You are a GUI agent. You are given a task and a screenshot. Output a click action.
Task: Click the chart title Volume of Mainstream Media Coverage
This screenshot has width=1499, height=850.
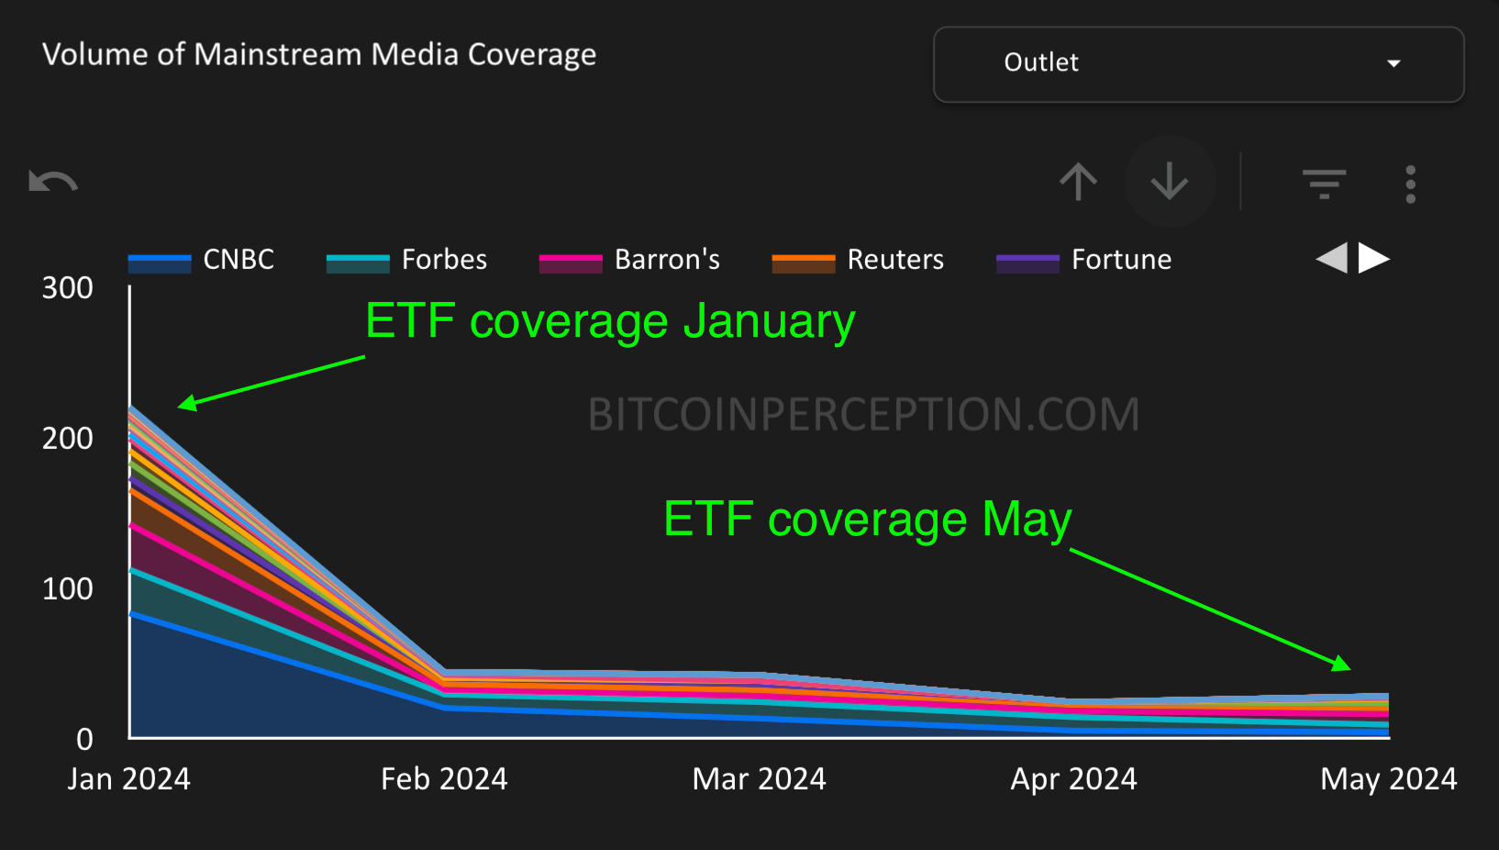point(319,55)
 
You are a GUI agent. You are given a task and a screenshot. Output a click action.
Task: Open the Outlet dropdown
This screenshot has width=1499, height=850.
point(1198,63)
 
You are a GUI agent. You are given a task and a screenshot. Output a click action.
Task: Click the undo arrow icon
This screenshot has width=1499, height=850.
point(53,182)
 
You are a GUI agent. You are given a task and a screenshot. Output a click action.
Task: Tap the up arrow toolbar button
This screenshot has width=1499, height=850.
point(1078,182)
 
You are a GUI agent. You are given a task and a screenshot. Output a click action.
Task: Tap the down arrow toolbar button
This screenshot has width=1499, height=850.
point(1170,182)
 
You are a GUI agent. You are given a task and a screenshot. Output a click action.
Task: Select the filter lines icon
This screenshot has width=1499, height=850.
point(1324,184)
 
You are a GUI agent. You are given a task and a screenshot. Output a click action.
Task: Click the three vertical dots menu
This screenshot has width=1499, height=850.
point(1410,185)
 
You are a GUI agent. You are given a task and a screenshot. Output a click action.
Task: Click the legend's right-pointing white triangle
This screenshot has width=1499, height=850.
point(1373,258)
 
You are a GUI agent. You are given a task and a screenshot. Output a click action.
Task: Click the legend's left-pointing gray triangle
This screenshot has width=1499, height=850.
point(1332,258)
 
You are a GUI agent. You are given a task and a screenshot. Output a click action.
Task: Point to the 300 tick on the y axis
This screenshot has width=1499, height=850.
point(67,288)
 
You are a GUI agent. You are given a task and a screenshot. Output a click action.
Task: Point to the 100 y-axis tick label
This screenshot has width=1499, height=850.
point(67,588)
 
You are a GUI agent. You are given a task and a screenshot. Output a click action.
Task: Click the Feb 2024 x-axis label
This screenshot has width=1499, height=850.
point(444,779)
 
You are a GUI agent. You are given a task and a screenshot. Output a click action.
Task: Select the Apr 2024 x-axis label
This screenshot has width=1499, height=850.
point(1073,779)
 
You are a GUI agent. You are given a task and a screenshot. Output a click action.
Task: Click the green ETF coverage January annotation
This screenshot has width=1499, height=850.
point(610,321)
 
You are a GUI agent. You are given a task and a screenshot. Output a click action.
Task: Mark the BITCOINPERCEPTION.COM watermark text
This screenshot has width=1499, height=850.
point(863,414)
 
